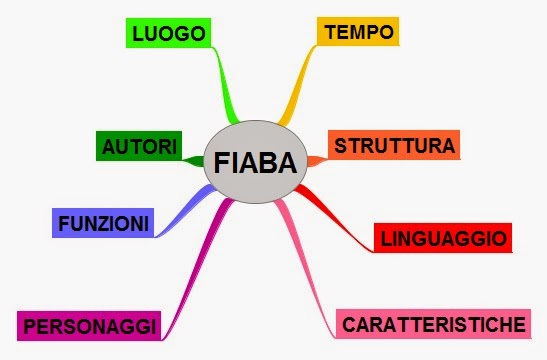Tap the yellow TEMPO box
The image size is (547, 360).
point(357,31)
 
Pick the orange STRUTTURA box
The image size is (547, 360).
point(394,146)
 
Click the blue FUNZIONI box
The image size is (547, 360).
point(103,222)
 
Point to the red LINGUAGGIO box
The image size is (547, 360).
point(443,238)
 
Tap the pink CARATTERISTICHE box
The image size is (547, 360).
point(432,324)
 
